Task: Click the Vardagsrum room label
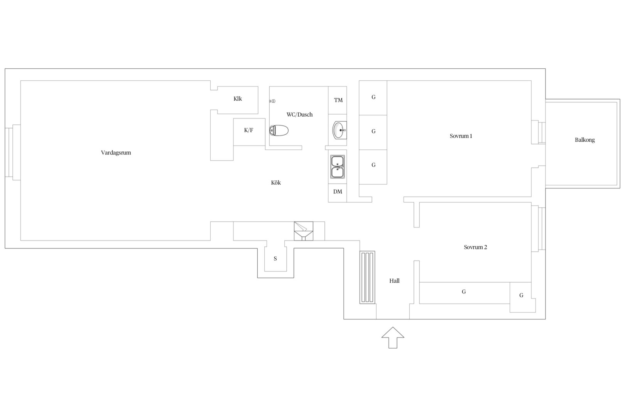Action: pos(116,153)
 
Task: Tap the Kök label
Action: pos(276,183)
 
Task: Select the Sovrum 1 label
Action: pos(461,136)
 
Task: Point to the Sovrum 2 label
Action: pos(475,247)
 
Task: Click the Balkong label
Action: pos(585,140)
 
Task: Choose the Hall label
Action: pos(395,281)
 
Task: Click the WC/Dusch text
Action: pos(299,115)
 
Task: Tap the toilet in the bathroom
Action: pos(279,131)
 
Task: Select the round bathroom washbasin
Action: pos(339,130)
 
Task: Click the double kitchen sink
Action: pos(337,167)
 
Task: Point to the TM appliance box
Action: pos(338,100)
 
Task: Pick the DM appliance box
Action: pos(337,193)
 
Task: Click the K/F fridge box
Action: pos(249,132)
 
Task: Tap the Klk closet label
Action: pos(238,98)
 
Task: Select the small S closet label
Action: pos(275,259)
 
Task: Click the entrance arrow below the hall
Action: pos(393,337)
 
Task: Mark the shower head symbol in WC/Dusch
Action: pos(272,101)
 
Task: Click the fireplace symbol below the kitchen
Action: pos(304,231)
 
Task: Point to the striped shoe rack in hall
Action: pos(367,277)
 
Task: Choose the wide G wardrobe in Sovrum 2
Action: pos(465,293)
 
